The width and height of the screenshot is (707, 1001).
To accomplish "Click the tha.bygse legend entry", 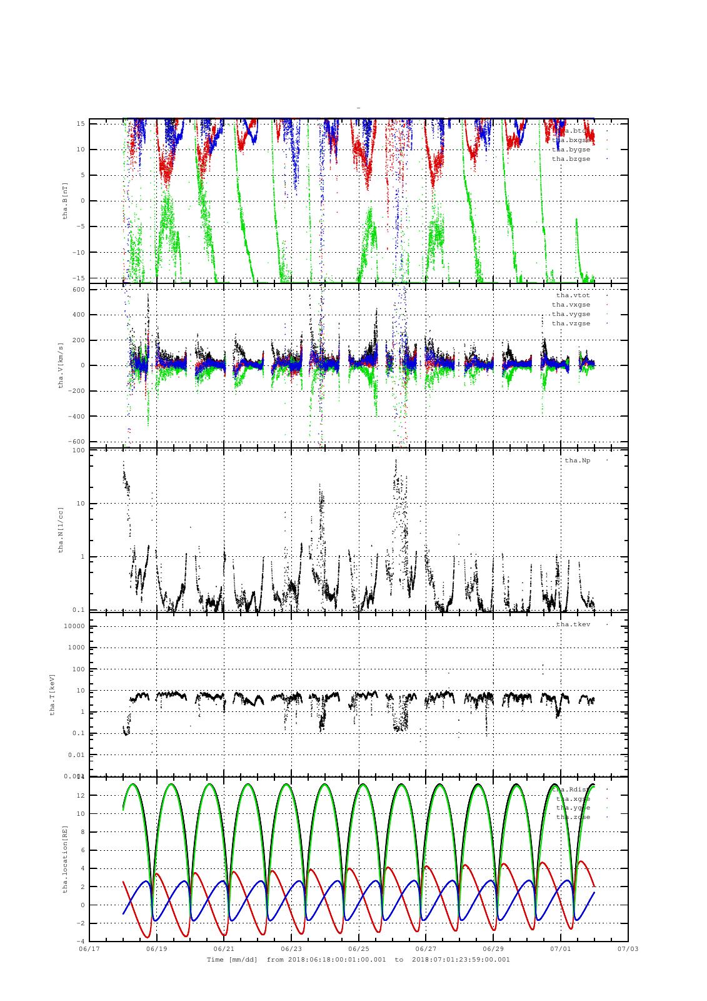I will pyautogui.click(x=571, y=150).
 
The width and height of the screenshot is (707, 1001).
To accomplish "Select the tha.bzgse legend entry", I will pyautogui.click(x=571, y=159).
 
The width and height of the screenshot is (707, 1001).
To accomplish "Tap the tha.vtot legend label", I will pyautogui.click(x=573, y=295).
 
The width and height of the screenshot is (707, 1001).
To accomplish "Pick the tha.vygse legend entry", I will pyautogui.click(x=571, y=314).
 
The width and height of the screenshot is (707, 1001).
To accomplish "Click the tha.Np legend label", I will pyautogui.click(x=577, y=460).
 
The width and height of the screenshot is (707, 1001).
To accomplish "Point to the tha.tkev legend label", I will pyautogui.click(x=573, y=624).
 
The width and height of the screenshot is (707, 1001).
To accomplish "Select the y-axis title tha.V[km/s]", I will pyautogui.click(x=61, y=365).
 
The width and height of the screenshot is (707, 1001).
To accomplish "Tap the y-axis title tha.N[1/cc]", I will pyautogui.click(x=61, y=529).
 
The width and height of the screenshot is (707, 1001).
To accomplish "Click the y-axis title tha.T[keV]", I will pyautogui.click(x=53, y=694).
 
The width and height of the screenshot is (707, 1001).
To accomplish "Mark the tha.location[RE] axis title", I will pyautogui.click(x=65, y=858).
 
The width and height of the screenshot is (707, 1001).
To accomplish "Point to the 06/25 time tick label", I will pyautogui.click(x=359, y=948).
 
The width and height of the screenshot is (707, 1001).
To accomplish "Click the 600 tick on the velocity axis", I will pyautogui.click(x=79, y=289).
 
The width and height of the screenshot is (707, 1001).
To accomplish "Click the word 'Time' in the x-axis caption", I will pyautogui.click(x=215, y=959).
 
